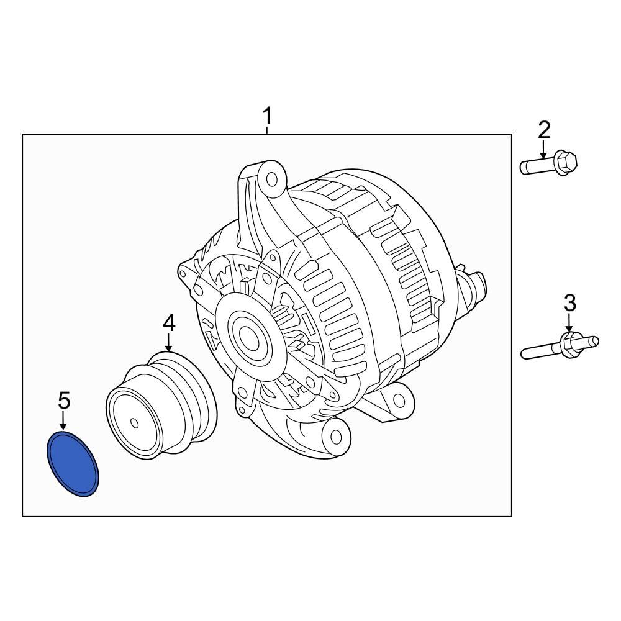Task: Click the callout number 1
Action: [x=267, y=116]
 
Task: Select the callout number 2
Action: [x=543, y=130]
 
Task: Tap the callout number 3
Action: [x=569, y=303]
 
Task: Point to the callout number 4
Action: [x=169, y=322]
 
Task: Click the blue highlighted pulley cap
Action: [x=74, y=465]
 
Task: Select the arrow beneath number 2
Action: [x=543, y=149]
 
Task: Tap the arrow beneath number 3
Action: [x=569, y=323]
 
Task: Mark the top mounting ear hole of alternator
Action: [x=271, y=180]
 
